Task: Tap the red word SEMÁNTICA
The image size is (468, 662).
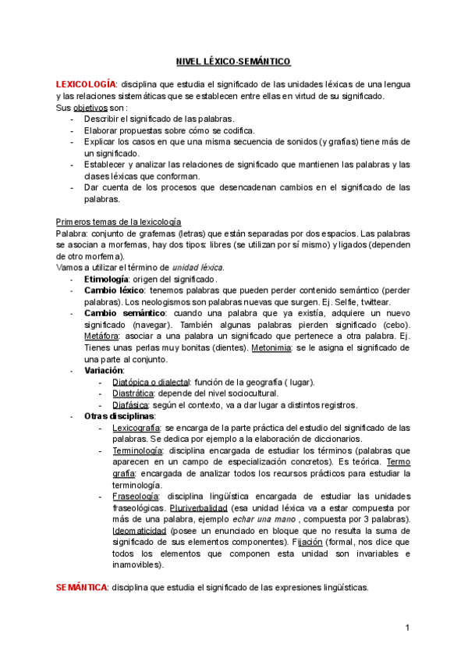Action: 81,587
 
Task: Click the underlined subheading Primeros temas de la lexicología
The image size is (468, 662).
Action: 119,222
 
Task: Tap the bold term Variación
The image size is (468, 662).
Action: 104,370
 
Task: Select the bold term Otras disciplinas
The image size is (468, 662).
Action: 119,416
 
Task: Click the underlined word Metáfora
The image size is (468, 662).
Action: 101,336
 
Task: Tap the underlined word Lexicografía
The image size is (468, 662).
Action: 137,428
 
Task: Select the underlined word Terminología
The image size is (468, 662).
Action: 137,450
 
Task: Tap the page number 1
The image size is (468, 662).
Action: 407,628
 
